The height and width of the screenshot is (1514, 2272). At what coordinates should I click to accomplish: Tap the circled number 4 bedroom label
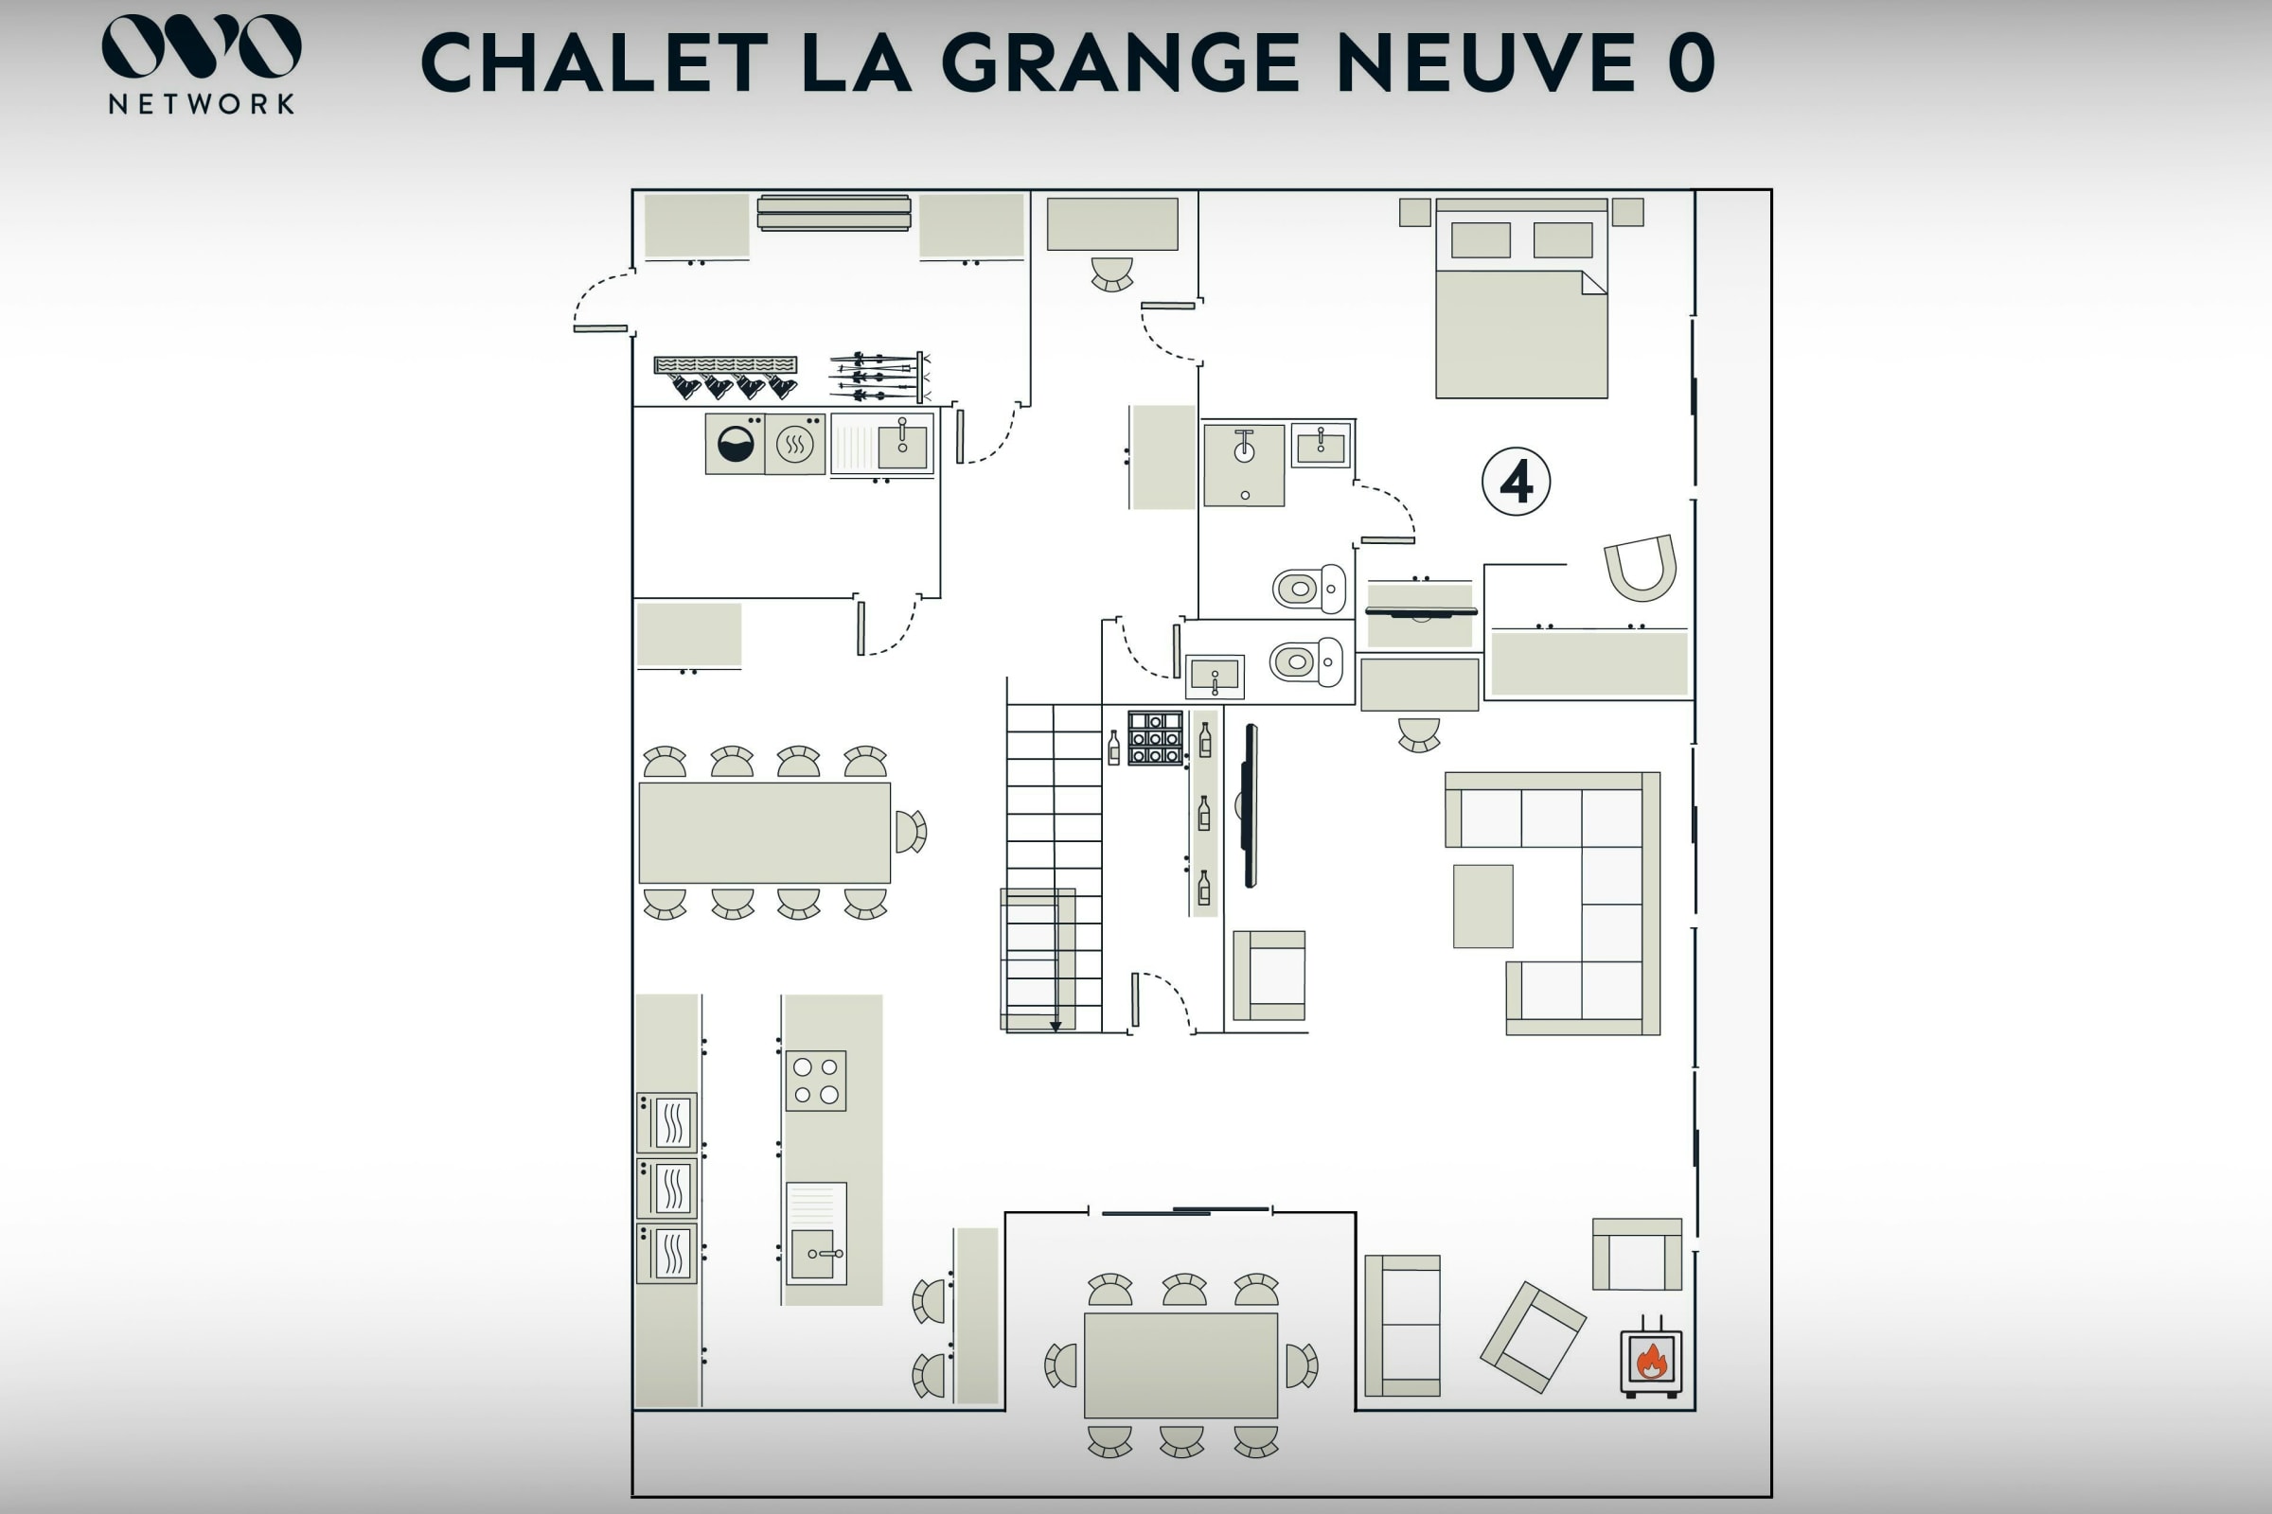pos(1516,481)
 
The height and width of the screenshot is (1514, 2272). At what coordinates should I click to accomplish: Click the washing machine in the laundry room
pos(736,444)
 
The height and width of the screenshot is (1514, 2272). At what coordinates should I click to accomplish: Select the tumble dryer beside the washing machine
pos(795,444)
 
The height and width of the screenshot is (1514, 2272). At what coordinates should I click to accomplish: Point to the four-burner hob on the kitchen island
pos(815,1081)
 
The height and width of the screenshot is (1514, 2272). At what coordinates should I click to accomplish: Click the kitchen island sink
pos(816,1233)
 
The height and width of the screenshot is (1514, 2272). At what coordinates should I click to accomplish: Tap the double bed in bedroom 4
pos(1521,298)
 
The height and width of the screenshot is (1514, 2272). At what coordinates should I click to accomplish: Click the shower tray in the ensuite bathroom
pos(1244,466)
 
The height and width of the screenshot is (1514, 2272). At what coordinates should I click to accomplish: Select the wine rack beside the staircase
pos(1155,738)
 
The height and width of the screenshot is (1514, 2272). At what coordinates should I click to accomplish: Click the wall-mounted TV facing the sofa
pos(1249,805)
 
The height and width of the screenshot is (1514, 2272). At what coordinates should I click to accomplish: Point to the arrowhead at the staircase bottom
pos(1056,1027)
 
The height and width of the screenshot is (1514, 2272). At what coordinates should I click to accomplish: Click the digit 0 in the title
pos(1691,62)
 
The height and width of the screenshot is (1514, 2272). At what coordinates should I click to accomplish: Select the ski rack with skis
pos(879,377)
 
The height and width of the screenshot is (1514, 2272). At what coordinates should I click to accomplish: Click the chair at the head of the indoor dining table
pos(910,832)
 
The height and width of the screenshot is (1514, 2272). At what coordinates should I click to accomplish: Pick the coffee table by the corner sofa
pos(1482,906)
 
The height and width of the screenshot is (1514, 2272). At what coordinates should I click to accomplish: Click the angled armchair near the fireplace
pos(1533,1336)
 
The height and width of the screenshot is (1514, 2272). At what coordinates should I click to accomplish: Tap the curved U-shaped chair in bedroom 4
pos(1641,570)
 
